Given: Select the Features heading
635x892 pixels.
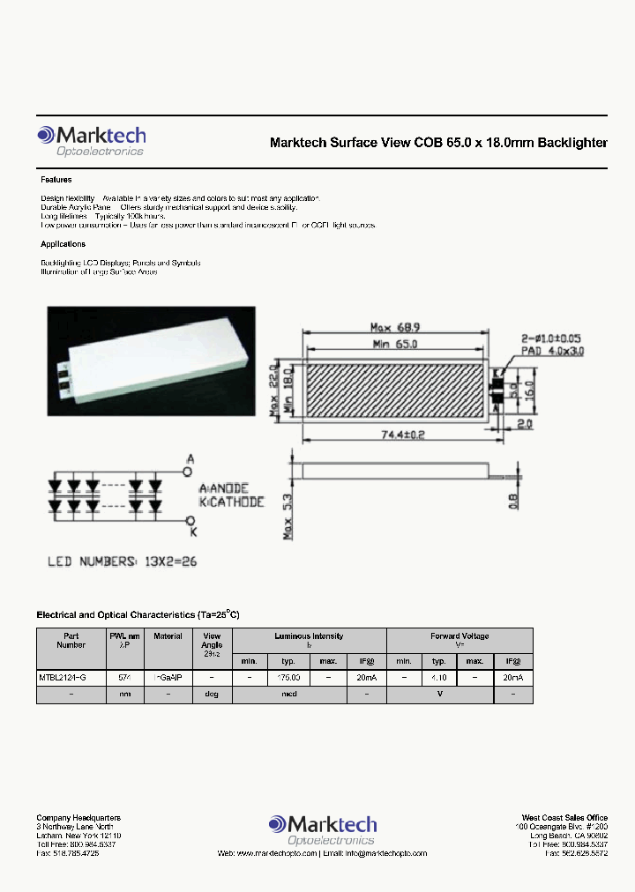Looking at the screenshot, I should coord(56,179).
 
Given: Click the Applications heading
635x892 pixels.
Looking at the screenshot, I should coord(63,244).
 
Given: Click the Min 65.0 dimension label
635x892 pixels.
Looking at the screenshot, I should coord(393,344).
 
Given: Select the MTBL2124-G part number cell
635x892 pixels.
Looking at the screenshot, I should coord(62,677).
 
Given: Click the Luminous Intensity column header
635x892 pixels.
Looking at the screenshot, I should coord(309,636).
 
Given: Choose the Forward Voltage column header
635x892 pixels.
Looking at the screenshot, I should coord(459,636).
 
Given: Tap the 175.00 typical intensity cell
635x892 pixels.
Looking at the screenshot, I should coord(288,677).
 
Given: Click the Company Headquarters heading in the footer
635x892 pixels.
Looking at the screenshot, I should coord(78,818).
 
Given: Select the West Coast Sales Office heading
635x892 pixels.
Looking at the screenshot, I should coord(564,818).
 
